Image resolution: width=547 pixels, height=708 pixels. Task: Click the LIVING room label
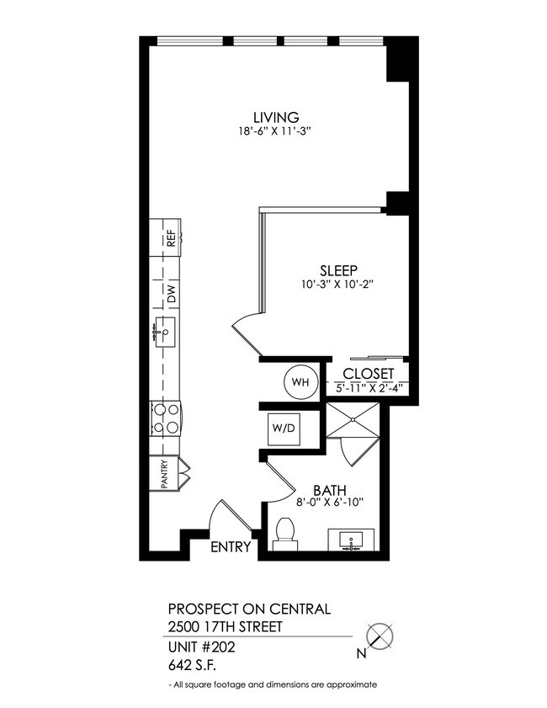coord(278,117)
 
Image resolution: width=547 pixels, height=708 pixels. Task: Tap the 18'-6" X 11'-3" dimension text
coord(278,131)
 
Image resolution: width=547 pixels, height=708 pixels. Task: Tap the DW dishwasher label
coord(168,295)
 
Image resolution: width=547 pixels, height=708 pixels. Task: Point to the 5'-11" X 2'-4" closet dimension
coord(369,388)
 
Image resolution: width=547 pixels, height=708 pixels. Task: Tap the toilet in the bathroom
coord(284,534)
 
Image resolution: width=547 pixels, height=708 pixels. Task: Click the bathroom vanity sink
coord(353,539)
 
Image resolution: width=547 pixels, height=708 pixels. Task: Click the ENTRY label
coord(231,547)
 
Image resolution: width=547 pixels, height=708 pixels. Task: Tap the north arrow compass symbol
coord(382,636)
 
